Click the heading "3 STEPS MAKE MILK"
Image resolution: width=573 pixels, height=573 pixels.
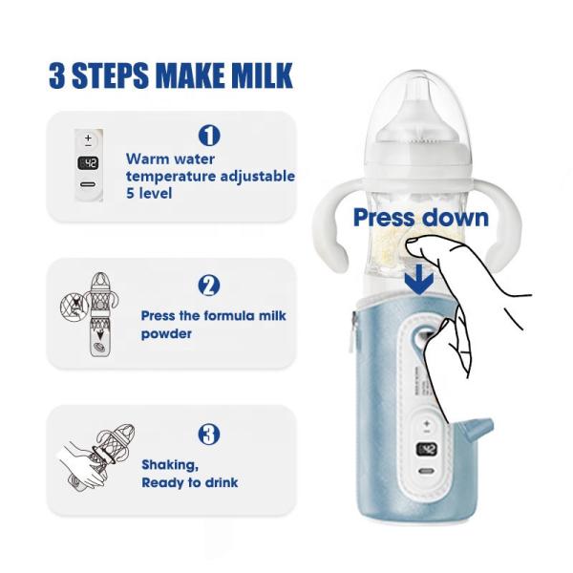(x=170, y=75)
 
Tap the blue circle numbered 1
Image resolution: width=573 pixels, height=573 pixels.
(x=208, y=136)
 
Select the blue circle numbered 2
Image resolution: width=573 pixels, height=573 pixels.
(x=208, y=286)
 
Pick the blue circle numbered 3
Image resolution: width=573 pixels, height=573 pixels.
(x=208, y=435)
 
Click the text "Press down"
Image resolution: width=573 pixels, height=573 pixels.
(x=420, y=218)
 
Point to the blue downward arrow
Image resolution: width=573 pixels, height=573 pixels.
(x=420, y=280)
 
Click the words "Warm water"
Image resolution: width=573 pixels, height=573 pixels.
(x=170, y=159)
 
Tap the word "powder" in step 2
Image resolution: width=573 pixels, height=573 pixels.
(x=167, y=333)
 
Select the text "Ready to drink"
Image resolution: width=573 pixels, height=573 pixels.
(x=190, y=482)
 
